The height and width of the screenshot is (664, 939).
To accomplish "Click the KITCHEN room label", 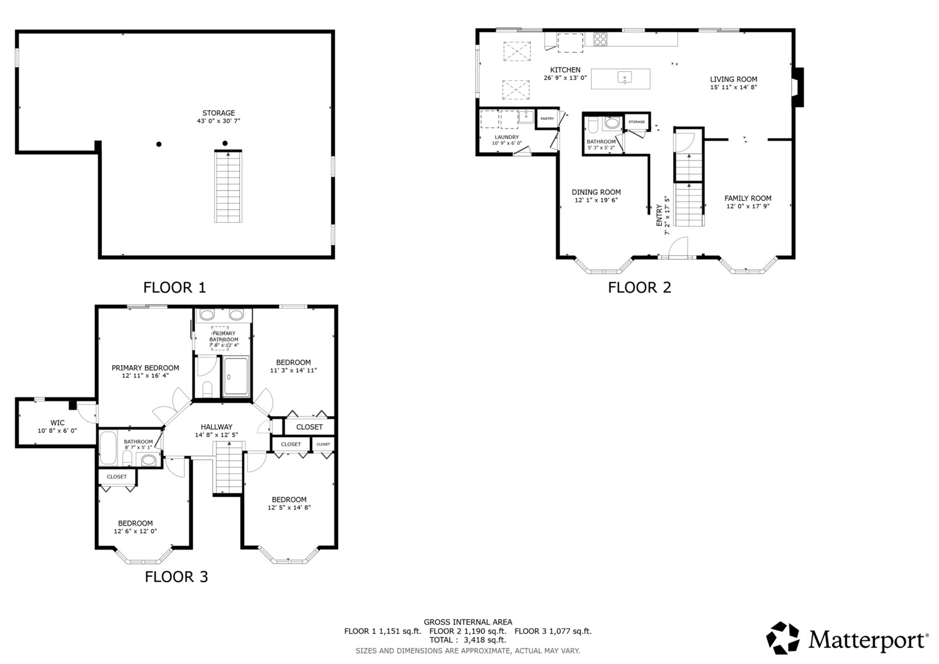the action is tap(565, 69).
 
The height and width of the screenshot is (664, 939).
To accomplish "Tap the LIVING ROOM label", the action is tap(734, 79).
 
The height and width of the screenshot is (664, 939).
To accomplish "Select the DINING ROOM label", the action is tap(596, 192).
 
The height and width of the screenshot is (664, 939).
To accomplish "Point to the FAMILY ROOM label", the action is tap(748, 198).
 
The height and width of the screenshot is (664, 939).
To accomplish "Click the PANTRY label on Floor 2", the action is tap(547, 119).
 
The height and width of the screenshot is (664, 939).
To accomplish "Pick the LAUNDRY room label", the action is tap(507, 137).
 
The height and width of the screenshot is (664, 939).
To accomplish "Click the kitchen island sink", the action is tap(625, 77).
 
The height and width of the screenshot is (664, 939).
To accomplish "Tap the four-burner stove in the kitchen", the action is tap(600, 39).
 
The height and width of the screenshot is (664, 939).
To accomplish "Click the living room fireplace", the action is tap(798, 87).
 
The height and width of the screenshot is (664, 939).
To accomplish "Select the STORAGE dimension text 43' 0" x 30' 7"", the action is tap(218, 121).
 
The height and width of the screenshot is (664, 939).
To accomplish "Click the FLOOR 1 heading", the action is tap(175, 288).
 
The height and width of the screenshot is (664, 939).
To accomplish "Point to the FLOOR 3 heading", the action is tap(176, 577).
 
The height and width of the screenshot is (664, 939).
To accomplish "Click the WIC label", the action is tap(57, 423).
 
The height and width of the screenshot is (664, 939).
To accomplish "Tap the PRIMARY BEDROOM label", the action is tap(145, 368).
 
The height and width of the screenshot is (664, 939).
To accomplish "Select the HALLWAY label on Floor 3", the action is tap(216, 427).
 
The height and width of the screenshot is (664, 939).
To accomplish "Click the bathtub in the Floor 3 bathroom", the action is tap(108, 448).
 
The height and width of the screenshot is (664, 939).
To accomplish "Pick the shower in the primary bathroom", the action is tap(236, 376).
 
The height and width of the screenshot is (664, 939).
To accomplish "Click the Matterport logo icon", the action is tap(782, 638).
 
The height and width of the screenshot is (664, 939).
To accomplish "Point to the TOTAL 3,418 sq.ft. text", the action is tap(468, 640).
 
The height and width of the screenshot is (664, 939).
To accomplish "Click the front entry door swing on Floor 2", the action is tap(678, 247).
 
